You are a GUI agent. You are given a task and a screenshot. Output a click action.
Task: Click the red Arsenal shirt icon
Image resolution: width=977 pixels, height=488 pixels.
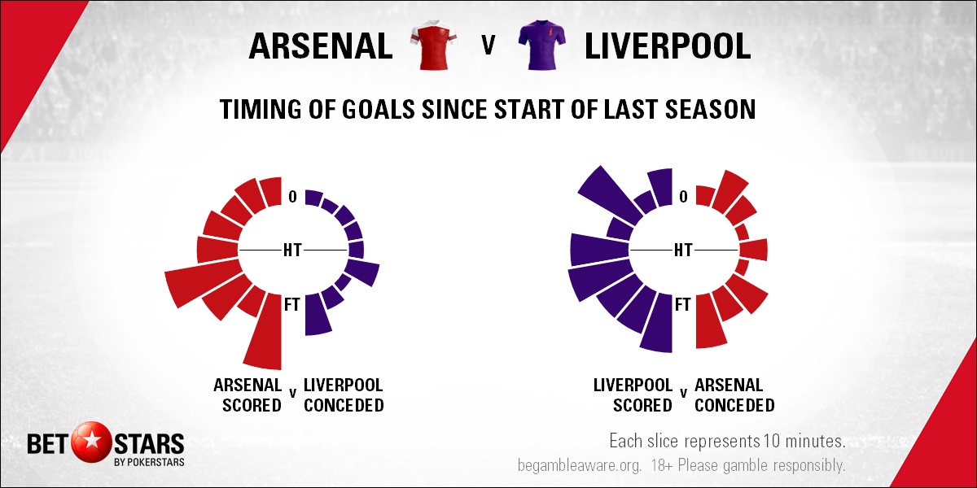pyautogui.click(x=433, y=45)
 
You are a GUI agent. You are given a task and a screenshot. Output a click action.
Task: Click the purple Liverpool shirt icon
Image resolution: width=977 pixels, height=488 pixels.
pyautogui.click(x=542, y=45)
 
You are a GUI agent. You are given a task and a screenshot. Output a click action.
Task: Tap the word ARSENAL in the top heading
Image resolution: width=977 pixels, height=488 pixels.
pyautogui.click(x=321, y=46)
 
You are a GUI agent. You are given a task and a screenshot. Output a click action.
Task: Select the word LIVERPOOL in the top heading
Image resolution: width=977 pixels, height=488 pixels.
pyautogui.click(x=668, y=46)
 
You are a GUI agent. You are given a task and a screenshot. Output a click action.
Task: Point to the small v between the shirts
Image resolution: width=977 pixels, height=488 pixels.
pyautogui.click(x=488, y=45)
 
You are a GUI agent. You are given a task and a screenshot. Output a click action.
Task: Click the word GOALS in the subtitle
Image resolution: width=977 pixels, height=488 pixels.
pyautogui.click(x=378, y=109)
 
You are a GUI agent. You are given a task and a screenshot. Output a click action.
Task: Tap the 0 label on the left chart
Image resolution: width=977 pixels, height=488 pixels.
pyautogui.click(x=292, y=197)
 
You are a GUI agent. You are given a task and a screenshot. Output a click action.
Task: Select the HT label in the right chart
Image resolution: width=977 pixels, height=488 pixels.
pyautogui.click(x=683, y=251)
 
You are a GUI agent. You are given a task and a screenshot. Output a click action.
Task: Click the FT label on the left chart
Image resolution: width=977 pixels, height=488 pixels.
pyautogui.click(x=292, y=304)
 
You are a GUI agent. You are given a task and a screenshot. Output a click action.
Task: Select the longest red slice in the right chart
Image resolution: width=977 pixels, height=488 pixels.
pyautogui.click(x=710, y=321)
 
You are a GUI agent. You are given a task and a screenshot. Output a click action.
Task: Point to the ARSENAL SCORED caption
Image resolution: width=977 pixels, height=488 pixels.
pyautogui.click(x=248, y=395)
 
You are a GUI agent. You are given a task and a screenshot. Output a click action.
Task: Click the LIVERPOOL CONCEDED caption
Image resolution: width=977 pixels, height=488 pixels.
pyautogui.click(x=344, y=395)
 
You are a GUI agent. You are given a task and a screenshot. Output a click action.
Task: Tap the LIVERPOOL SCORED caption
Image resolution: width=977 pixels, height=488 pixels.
pyautogui.click(x=633, y=395)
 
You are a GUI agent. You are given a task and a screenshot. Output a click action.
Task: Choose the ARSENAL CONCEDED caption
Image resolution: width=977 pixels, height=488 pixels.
pyautogui.click(x=734, y=395)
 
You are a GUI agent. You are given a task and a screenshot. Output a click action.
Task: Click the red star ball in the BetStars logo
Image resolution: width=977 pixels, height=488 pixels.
pyautogui.click(x=91, y=442)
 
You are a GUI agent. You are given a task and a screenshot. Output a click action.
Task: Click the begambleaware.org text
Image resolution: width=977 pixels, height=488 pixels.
pyautogui.click(x=579, y=466)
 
